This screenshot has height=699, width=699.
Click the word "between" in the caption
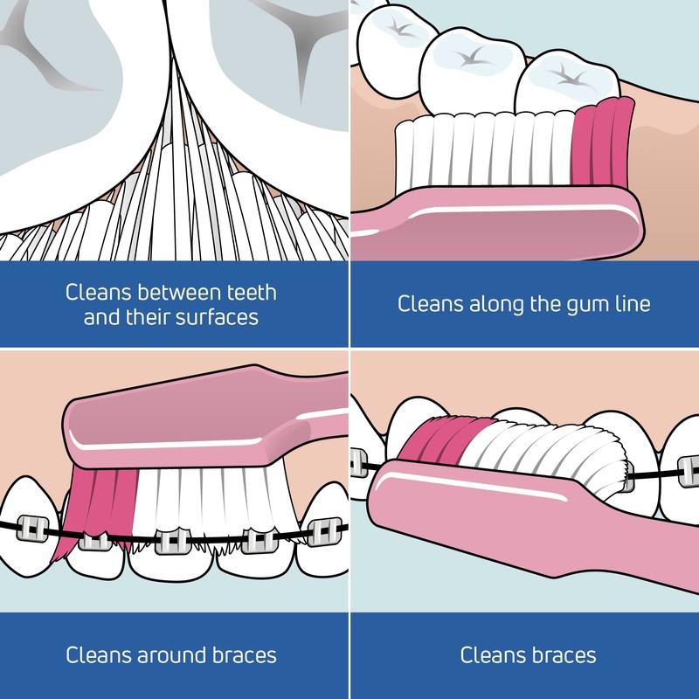(179, 293)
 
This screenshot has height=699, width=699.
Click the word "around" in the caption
(171, 655)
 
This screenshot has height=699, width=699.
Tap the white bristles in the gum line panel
(485, 149)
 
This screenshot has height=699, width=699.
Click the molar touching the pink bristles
(566, 82)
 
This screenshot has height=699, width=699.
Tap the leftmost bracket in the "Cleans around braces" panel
(32, 529)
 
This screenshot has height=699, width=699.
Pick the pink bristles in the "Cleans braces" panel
(444, 439)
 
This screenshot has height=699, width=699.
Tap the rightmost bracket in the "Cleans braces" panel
(689, 471)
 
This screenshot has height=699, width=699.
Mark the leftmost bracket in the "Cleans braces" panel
(359, 463)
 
